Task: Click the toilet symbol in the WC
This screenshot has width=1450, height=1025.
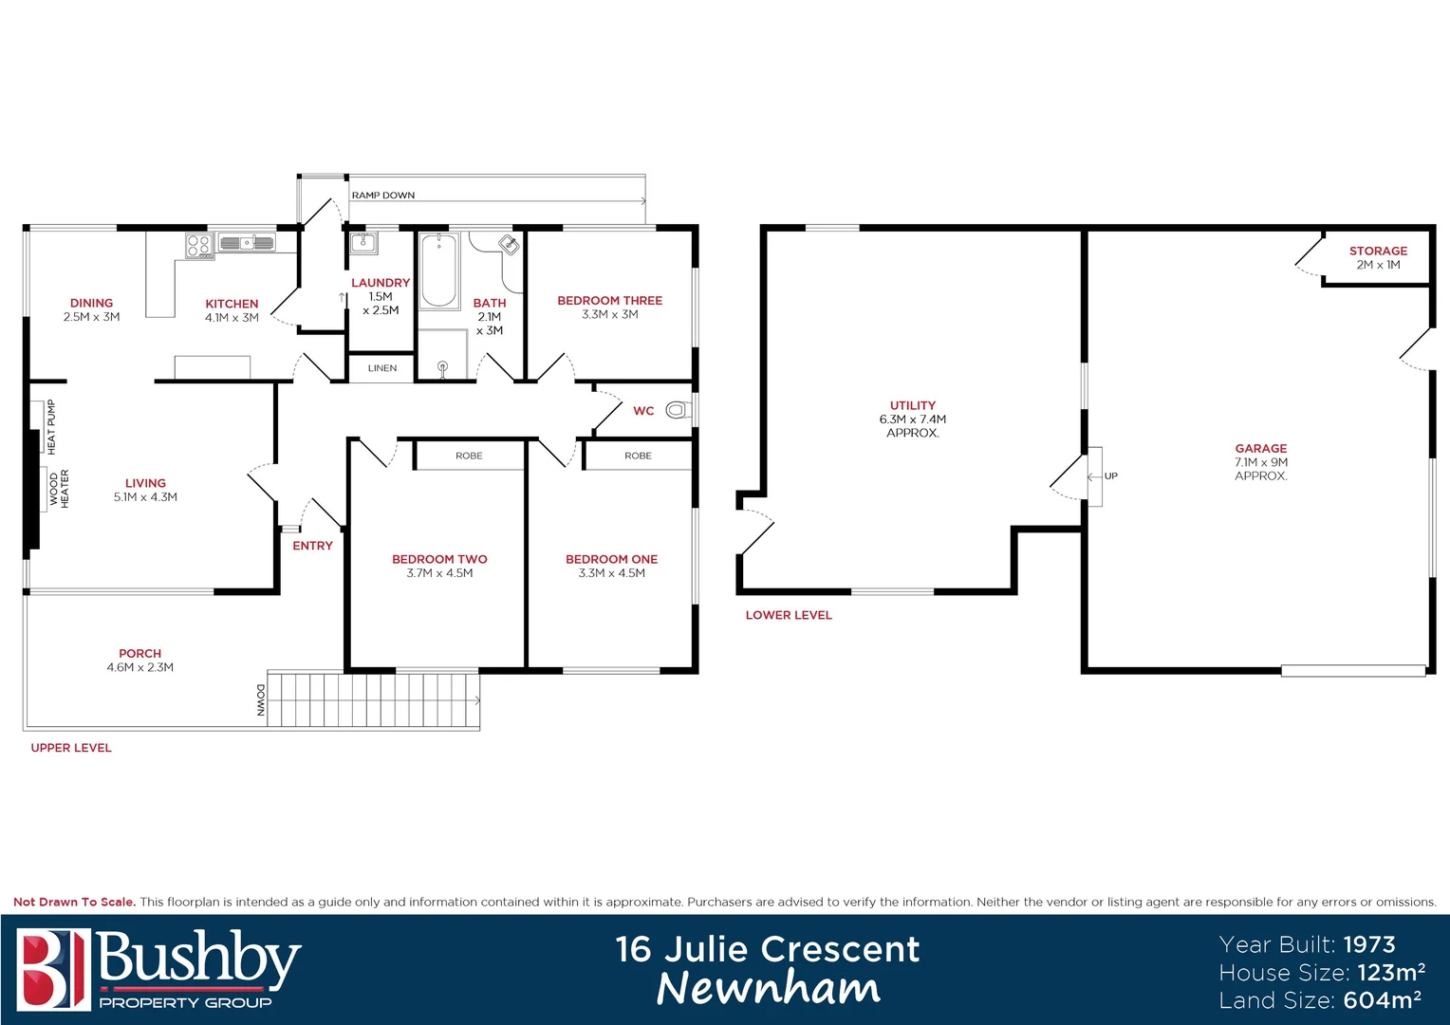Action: point(677,410)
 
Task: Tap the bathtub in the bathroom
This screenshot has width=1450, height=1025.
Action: point(439,270)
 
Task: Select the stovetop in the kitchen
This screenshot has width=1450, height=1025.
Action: point(197,246)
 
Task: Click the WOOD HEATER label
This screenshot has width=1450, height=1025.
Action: point(59,489)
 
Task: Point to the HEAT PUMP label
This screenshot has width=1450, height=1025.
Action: point(51,426)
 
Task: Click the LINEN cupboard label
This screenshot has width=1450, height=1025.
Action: point(382,368)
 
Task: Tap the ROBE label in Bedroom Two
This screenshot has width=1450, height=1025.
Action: point(469,456)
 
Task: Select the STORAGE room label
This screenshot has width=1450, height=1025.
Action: point(1378,251)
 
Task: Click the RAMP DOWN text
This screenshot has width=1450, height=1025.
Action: point(383,196)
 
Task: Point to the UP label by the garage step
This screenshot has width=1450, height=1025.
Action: point(1111,476)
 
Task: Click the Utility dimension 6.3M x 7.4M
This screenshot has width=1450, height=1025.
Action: point(912,419)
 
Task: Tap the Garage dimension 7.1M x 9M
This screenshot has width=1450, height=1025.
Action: point(1260,462)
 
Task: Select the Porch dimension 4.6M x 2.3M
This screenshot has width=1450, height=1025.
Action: point(140,667)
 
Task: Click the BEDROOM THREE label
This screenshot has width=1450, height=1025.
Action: point(609,301)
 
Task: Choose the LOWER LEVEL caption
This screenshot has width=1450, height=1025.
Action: point(789,615)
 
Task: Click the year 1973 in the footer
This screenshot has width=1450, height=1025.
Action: point(1369,944)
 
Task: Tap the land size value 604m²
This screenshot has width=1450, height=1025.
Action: point(1382,1000)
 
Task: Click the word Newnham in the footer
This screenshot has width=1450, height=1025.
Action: point(768,989)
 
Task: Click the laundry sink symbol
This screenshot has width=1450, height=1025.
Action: point(363,244)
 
